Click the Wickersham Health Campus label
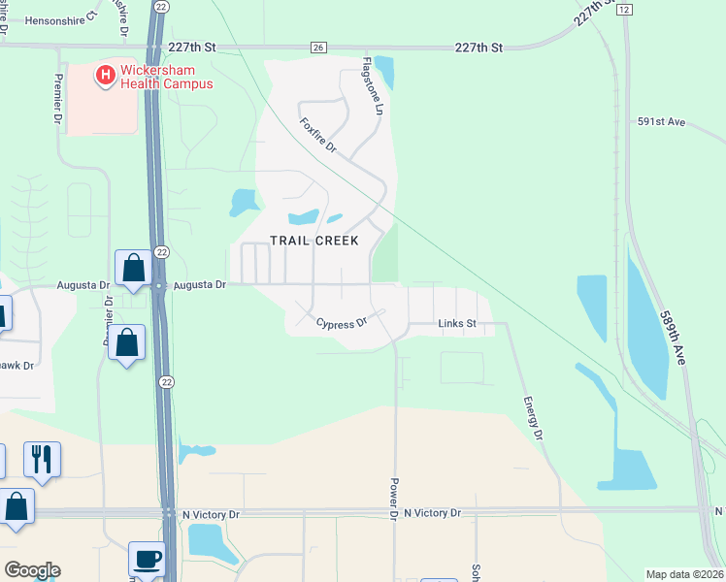click(166, 77)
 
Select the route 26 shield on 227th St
click(317, 47)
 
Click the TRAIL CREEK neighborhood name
click(313, 241)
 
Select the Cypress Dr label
click(343, 321)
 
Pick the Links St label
click(457, 323)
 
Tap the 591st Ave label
click(662, 122)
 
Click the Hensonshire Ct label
click(61, 18)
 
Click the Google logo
click(32, 570)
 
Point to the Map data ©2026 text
click(684, 574)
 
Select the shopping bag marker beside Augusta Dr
click(133, 269)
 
